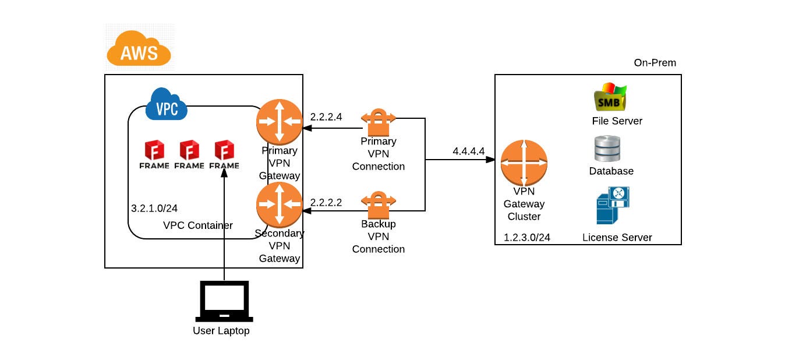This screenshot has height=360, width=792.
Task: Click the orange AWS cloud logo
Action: (139, 49)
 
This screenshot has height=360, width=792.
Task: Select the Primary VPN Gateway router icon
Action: (280, 122)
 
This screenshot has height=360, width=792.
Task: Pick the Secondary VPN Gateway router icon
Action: (280, 204)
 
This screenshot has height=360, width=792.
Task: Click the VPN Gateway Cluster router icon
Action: (524, 163)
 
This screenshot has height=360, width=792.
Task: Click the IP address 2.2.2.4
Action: (326, 117)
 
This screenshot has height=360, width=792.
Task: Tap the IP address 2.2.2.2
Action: (326, 202)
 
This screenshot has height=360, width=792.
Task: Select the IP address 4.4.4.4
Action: (469, 151)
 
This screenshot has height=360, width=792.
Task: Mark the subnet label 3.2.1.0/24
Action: (154, 208)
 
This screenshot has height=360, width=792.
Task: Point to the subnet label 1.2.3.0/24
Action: (527, 237)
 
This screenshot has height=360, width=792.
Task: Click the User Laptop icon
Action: (224, 301)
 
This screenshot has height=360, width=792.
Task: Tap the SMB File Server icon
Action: (610, 98)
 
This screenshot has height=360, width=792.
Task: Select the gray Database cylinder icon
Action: (607, 149)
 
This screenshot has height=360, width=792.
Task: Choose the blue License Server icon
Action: (613, 206)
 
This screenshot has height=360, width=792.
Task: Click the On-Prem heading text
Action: (655, 63)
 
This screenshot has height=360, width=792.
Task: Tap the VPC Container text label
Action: (198, 225)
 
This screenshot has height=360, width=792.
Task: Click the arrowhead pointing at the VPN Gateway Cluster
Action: (491, 159)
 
